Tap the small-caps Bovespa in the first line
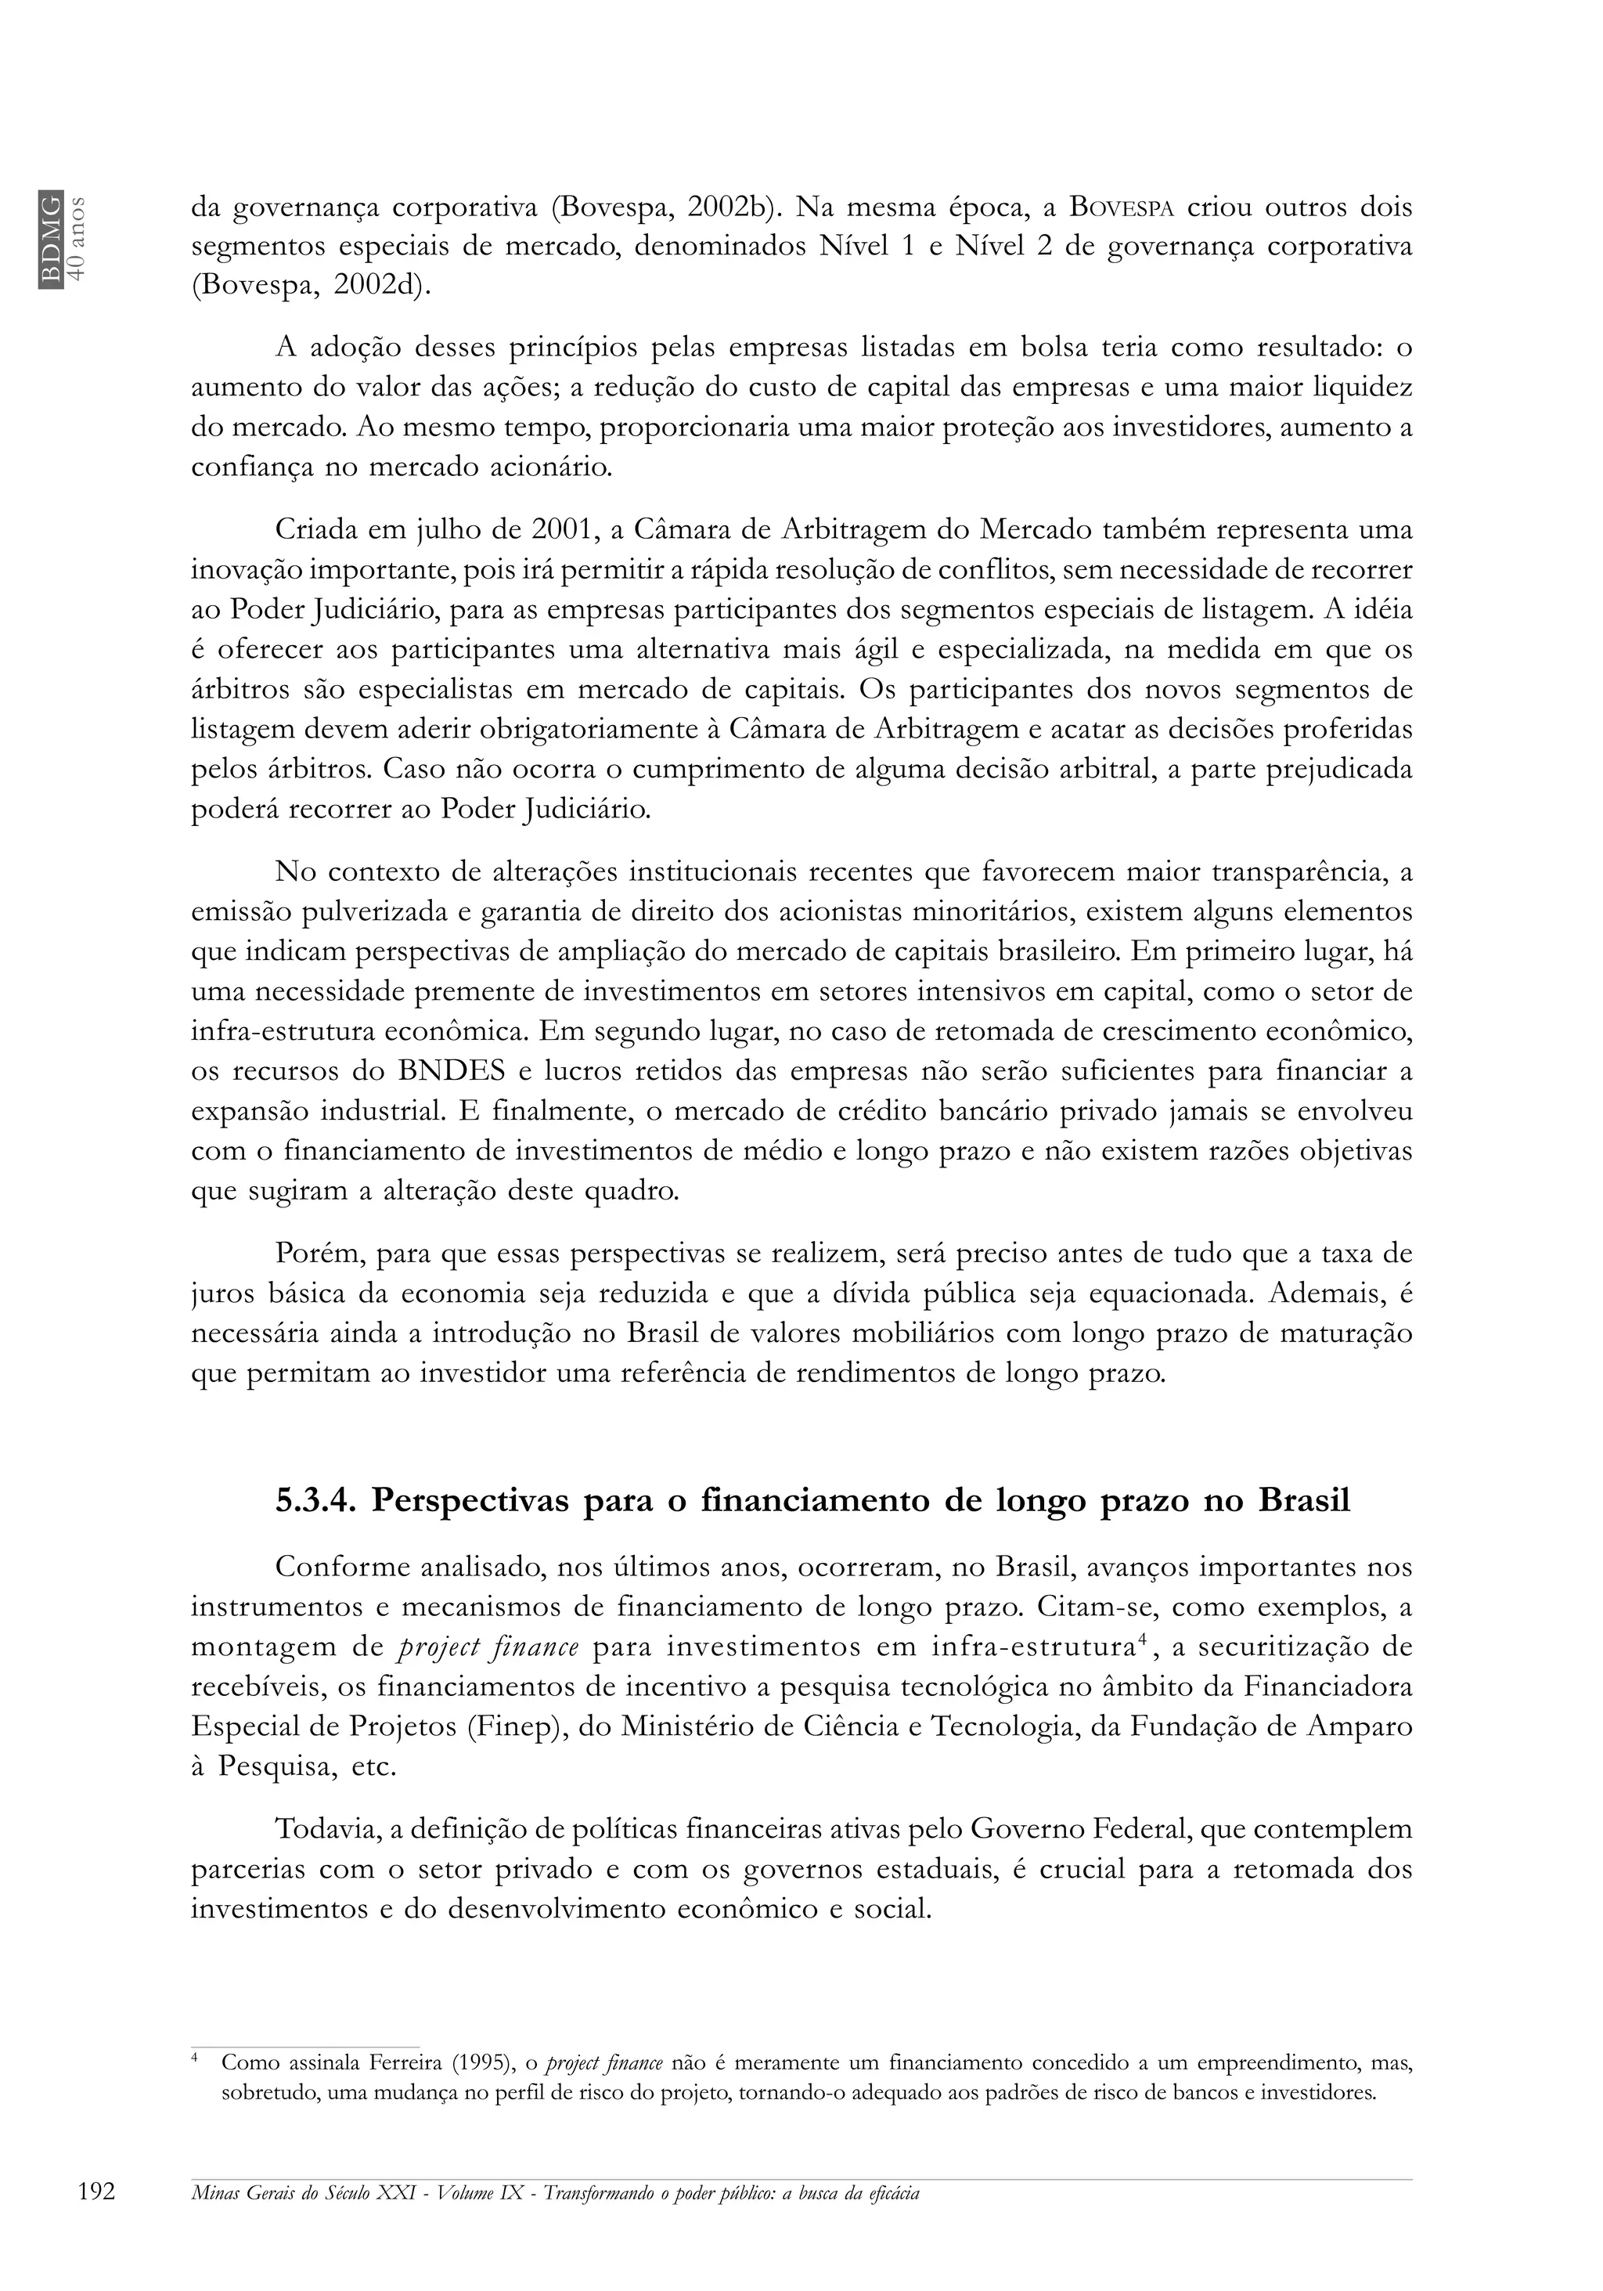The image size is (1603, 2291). pos(1124,208)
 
